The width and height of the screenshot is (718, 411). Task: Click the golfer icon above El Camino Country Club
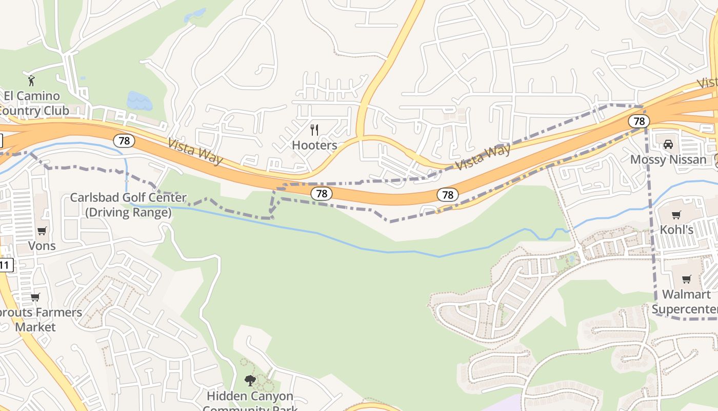pyautogui.click(x=31, y=80)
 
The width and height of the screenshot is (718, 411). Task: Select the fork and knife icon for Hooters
pyautogui.click(x=314, y=129)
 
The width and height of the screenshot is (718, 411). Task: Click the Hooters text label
pyautogui.click(x=314, y=145)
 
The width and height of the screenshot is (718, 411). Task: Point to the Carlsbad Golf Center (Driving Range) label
pyautogui.click(x=128, y=205)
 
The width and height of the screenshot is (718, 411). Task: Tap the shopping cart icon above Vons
pyautogui.click(x=42, y=231)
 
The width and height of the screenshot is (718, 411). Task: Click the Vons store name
pyautogui.click(x=42, y=246)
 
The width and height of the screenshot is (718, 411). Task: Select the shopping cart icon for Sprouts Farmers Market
pyautogui.click(x=35, y=297)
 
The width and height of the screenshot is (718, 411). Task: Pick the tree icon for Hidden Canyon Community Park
pyautogui.click(x=250, y=381)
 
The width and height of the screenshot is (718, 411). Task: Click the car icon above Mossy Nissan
pyautogui.click(x=668, y=144)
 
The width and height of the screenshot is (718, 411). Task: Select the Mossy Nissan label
pyautogui.click(x=668, y=160)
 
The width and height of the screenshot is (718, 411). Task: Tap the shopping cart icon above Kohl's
pyautogui.click(x=676, y=215)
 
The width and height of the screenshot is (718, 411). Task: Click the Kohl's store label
pyautogui.click(x=676, y=230)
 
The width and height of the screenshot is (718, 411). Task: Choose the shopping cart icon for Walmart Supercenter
pyautogui.click(x=686, y=279)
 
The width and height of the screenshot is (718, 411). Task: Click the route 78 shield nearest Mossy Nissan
pyautogui.click(x=639, y=121)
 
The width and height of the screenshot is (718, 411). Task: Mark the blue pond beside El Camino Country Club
pyautogui.click(x=139, y=101)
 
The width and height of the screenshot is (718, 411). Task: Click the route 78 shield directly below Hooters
pyautogui.click(x=322, y=193)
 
